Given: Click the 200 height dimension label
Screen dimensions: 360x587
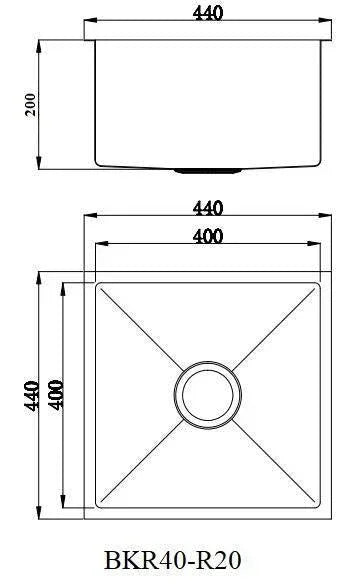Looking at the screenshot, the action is (x=31, y=104).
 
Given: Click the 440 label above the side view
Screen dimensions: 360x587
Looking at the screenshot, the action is (x=208, y=13).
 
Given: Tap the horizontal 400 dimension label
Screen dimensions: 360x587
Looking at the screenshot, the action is (x=208, y=237).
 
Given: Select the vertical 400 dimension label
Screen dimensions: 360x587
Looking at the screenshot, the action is (x=56, y=395).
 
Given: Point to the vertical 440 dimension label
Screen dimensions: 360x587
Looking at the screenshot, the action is (x=31, y=396).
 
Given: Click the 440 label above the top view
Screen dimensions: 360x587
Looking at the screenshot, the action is (x=208, y=208).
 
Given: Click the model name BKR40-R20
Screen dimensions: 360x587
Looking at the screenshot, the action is (x=173, y=561).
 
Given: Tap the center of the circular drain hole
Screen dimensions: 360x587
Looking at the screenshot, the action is (x=208, y=395).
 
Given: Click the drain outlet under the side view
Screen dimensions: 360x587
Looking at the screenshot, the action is (x=208, y=171).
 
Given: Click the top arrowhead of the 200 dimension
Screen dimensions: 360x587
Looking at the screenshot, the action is (x=39, y=46).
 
